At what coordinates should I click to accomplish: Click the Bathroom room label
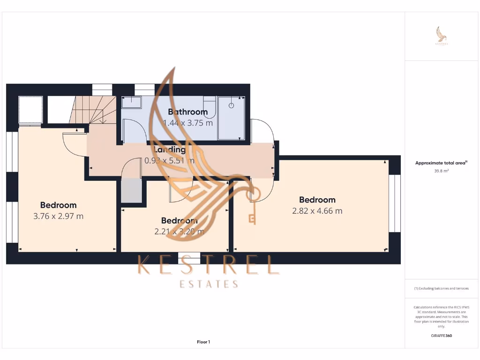(x=187, y=112)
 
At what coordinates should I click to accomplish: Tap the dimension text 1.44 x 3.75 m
(x=187, y=123)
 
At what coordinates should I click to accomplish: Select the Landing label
(x=170, y=150)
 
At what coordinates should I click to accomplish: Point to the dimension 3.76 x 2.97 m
(x=58, y=216)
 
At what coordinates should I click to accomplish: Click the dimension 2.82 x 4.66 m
(x=317, y=211)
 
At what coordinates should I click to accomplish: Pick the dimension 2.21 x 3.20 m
(x=179, y=231)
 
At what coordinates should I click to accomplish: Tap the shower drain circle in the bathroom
(x=231, y=105)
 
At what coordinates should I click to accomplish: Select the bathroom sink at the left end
(x=131, y=102)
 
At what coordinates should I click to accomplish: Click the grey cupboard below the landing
(x=131, y=191)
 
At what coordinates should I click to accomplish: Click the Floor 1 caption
(x=203, y=342)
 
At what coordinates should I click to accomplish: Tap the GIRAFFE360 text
(x=442, y=336)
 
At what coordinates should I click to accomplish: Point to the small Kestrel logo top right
(x=442, y=36)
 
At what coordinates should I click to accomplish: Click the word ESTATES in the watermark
(x=209, y=284)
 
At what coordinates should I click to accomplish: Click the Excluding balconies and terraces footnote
(x=442, y=288)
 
